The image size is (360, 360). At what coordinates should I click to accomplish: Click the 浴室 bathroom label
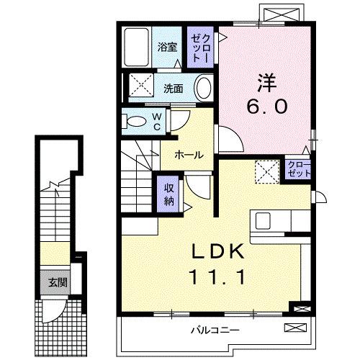[167, 48]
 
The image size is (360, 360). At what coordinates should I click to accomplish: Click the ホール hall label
[188, 155]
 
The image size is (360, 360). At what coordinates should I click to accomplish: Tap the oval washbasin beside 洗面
[204, 90]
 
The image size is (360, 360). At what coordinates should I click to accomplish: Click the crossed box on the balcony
[294, 329]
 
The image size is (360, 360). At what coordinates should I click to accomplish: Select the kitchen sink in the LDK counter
[261, 220]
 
